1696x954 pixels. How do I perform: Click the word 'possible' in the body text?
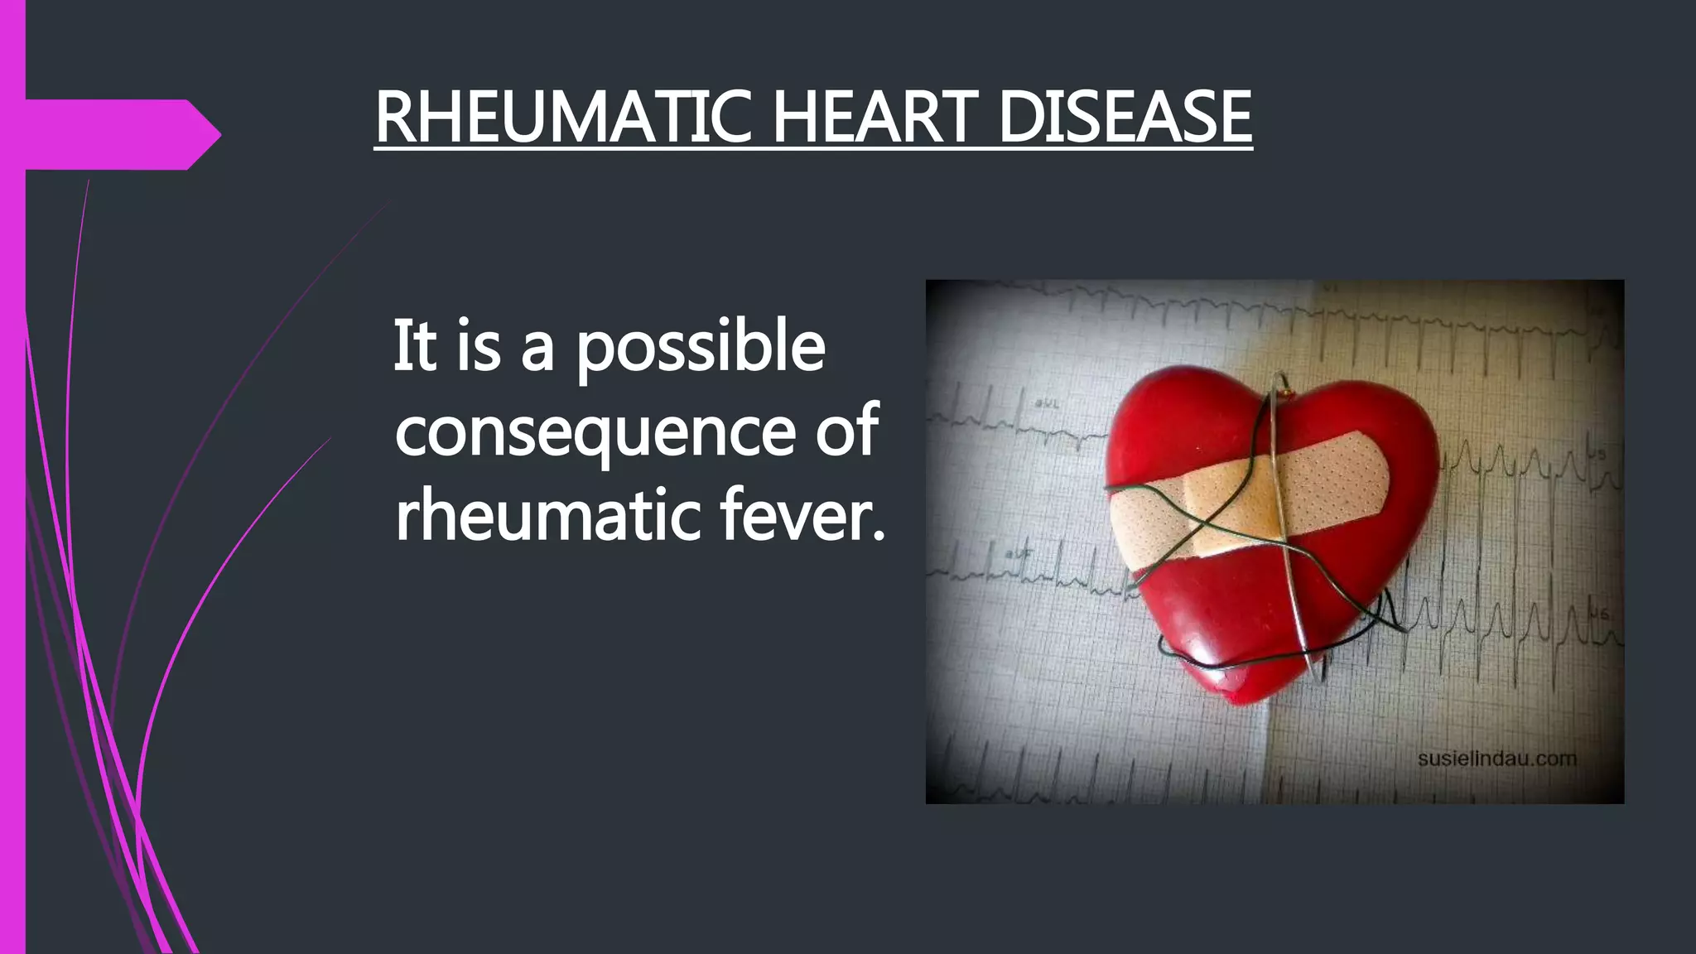coord(701,348)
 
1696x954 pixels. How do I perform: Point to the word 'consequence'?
coord(594,432)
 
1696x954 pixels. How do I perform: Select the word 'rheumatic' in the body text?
coord(547,515)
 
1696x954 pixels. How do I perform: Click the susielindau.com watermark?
coord(1496,759)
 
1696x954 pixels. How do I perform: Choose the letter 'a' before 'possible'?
coord(537,348)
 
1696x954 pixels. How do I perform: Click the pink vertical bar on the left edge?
coord(12,497)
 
